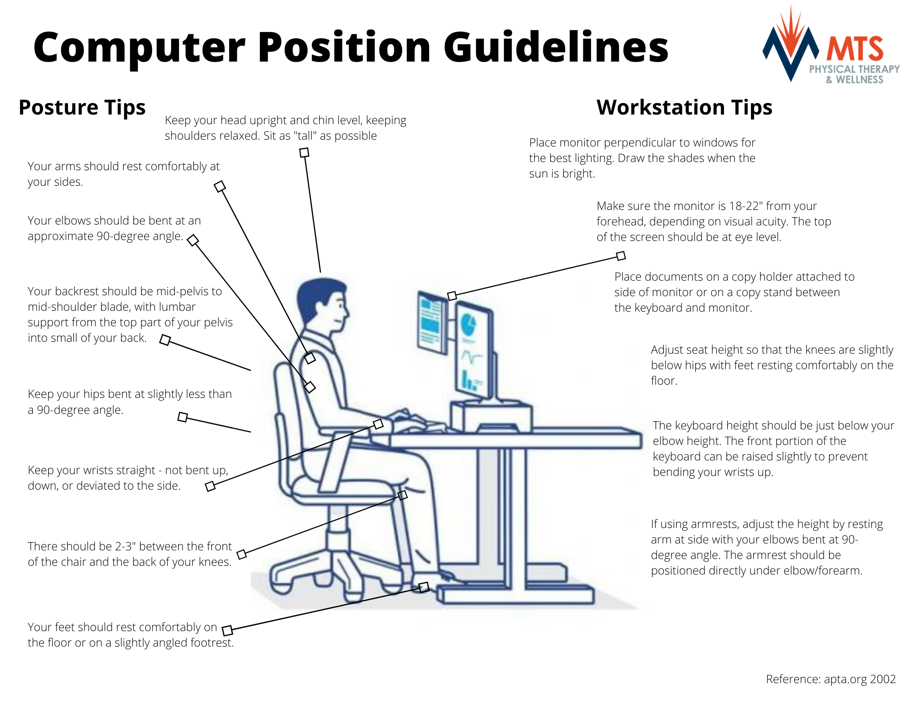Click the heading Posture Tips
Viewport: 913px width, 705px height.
82,108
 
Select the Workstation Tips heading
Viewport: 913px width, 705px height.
684,108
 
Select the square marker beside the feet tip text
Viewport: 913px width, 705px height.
227,630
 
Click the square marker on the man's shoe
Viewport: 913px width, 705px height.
424,587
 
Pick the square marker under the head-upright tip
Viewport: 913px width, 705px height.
304,152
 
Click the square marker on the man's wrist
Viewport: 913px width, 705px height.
378,424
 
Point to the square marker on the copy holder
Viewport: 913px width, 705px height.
452,296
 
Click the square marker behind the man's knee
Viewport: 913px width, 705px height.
402,495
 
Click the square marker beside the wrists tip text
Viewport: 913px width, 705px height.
210,486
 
